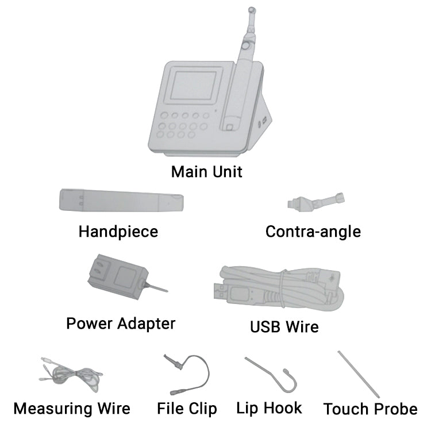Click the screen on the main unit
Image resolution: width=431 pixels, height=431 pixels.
[x=195, y=85]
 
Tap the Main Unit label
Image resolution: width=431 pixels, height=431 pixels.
[x=207, y=172]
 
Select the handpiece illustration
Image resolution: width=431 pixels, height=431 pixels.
[x=121, y=201]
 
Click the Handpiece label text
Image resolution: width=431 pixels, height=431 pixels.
[x=118, y=232]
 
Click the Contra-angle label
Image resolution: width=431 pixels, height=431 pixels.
[x=313, y=232]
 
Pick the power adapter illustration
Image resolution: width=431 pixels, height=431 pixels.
[x=128, y=277]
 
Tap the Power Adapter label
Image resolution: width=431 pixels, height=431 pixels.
[x=121, y=324]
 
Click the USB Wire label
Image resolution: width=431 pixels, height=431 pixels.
[x=284, y=327]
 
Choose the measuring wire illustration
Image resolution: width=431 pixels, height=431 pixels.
[x=71, y=374]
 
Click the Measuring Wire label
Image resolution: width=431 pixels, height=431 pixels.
[x=72, y=409]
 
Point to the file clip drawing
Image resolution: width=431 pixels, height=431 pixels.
[x=187, y=375]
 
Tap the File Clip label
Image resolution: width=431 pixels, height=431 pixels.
[x=187, y=409]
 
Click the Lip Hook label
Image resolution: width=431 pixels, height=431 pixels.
[x=269, y=408]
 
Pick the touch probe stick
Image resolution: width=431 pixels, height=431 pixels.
[x=359, y=374]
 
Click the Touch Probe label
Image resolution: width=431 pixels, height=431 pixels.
[x=371, y=409]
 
